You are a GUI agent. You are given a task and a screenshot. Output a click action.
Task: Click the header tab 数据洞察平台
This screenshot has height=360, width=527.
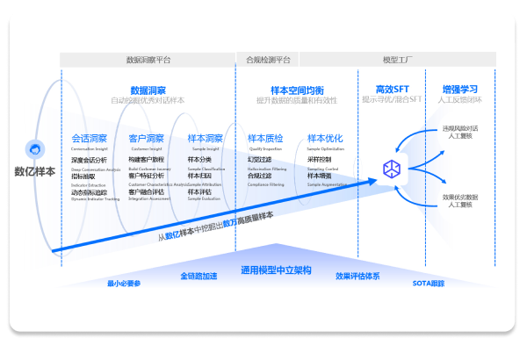click(x=148, y=61)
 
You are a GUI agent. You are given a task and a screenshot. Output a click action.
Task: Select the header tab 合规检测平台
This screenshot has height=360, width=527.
click(x=268, y=61)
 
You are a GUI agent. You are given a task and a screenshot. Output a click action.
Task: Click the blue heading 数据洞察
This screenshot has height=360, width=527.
click(x=148, y=90)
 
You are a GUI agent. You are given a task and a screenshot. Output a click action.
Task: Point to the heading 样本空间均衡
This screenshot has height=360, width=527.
click(x=297, y=90)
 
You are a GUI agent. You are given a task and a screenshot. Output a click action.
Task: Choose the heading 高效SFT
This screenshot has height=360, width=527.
click(x=393, y=90)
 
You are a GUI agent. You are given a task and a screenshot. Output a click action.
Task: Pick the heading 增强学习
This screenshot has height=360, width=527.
click(x=459, y=90)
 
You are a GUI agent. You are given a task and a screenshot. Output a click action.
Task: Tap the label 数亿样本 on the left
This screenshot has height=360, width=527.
click(x=34, y=171)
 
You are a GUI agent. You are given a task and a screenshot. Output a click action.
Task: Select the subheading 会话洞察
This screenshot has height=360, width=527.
click(x=89, y=139)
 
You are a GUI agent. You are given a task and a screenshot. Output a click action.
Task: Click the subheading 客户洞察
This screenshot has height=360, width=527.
click(x=146, y=139)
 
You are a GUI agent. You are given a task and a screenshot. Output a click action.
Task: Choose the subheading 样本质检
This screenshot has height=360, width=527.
click(x=265, y=139)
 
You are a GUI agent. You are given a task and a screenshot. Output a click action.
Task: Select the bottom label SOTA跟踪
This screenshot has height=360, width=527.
click(x=429, y=283)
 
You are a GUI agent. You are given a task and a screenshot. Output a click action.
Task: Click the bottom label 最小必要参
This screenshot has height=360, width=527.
click(x=124, y=284)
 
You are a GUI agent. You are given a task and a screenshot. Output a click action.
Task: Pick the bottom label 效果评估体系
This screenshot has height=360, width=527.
click(x=357, y=276)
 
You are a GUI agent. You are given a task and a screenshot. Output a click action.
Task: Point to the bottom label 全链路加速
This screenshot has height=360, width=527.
click(x=199, y=276)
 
